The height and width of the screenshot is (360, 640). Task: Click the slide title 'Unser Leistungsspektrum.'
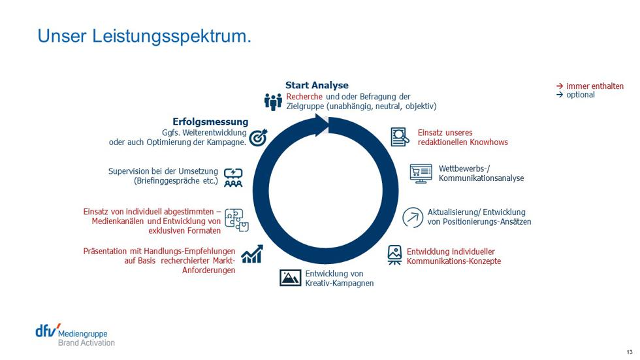pyautogui.click(x=144, y=37)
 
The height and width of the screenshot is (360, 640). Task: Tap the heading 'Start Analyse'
pyautogui.click(x=317, y=86)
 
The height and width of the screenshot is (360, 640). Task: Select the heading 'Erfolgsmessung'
pyautogui.click(x=210, y=122)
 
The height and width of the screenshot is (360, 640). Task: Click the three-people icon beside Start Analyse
pyautogui.click(x=273, y=102)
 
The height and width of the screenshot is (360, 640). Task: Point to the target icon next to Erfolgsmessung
pyautogui.click(x=258, y=138)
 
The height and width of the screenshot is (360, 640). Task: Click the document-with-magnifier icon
pyautogui.click(x=400, y=137)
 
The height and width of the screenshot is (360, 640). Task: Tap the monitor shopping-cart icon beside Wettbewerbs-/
pyautogui.click(x=421, y=174)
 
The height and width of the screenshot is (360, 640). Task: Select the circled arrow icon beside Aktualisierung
pyautogui.click(x=413, y=217)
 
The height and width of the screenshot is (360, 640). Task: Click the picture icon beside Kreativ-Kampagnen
pyautogui.click(x=290, y=278)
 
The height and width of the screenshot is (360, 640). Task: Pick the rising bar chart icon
pyautogui.click(x=252, y=254)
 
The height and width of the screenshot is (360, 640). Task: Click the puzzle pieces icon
pyautogui.click(x=236, y=220)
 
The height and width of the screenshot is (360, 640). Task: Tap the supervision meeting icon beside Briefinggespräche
pyautogui.click(x=233, y=178)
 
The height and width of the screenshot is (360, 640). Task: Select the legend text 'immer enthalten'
pyautogui.click(x=595, y=86)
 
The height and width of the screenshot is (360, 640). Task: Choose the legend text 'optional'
pyautogui.click(x=581, y=95)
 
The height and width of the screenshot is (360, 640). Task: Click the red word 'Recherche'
pyautogui.click(x=304, y=97)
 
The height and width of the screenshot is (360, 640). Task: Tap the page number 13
pyautogui.click(x=630, y=352)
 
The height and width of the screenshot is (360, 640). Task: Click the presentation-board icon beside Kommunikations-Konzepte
pyautogui.click(x=394, y=255)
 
